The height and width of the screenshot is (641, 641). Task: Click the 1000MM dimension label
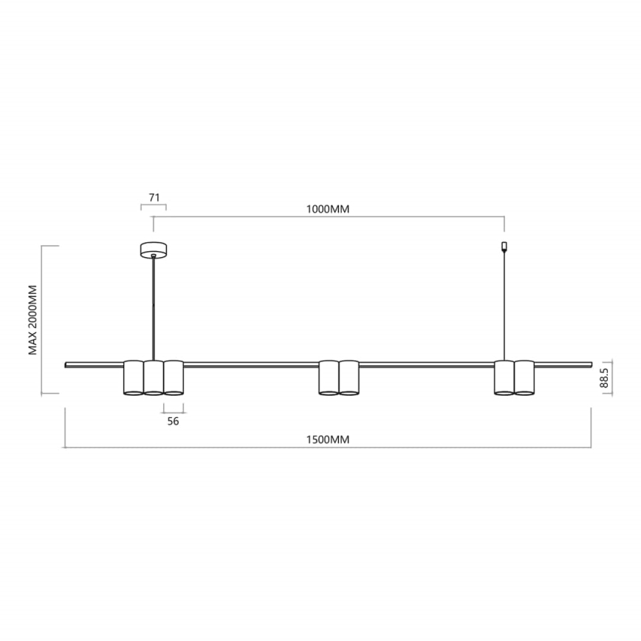(x=327, y=209)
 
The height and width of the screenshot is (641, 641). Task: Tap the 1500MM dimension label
(x=327, y=439)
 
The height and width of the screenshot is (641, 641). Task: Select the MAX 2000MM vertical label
(x=33, y=318)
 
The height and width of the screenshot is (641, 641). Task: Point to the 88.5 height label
(x=603, y=379)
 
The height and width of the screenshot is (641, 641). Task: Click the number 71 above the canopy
(x=154, y=197)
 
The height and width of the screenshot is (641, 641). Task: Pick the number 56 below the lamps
(x=174, y=421)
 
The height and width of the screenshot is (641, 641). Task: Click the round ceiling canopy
(x=154, y=251)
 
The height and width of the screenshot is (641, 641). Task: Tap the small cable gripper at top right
(x=504, y=245)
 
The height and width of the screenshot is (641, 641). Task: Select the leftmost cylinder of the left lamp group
(x=134, y=377)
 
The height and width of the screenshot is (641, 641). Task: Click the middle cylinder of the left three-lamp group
(x=153, y=377)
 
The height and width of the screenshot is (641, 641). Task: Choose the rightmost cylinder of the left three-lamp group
(x=173, y=377)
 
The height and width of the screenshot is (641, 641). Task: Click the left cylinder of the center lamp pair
(x=329, y=377)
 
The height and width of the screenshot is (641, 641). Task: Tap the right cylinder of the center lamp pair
(x=349, y=377)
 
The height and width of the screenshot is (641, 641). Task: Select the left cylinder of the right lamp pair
(x=504, y=377)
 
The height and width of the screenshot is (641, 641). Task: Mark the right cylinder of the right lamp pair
(x=524, y=377)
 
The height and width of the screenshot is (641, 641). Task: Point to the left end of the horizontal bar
(x=67, y=364)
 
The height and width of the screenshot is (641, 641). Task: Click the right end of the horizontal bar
(x=590, y=364)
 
